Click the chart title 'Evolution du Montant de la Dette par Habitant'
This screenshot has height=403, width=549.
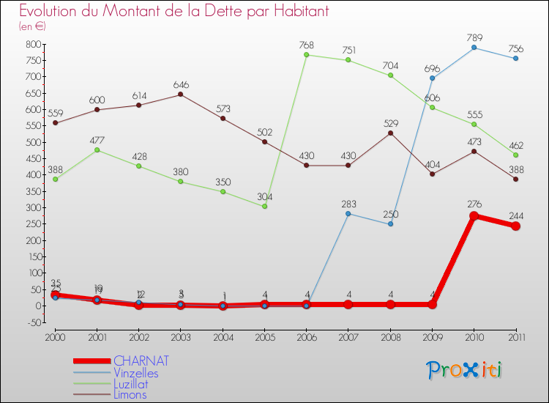pyautogui.click(x=174, y=12)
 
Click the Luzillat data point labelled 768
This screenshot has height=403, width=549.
pyautogui.click(x=307, y=55)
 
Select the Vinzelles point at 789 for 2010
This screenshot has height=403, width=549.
pyautogui.click(x=474, y=48)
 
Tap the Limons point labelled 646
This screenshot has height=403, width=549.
pyautogui.click(x=181, y=95)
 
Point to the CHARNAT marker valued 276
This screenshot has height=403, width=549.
pyautogui.click(x=474, y=216)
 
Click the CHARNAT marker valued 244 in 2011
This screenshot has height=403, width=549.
pyautogui.click(x=516, y=226)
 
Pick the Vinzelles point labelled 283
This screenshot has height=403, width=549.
pyautogui.click(x=348, y=213)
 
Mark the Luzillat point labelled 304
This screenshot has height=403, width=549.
pyautogui.click(x=265, y=207)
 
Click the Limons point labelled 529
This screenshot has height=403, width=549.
pyautogui.click(x=391, y=133)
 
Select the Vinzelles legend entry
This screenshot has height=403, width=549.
pyautogui.click(x=135, y=373)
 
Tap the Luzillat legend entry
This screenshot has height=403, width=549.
pyautogui.click(x=132, y=384)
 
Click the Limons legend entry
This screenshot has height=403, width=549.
pyautogui.click(x=130, y=395)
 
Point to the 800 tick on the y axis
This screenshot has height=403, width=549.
pyautogui.click(x=34, y=44)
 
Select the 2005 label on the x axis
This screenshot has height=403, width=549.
pyautogui.click(x=265, y=337)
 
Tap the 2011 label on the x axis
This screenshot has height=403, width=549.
pyautogui.click(x=516, y=337)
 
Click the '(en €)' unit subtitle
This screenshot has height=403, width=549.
pyautogui.click(x=33, y=26)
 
